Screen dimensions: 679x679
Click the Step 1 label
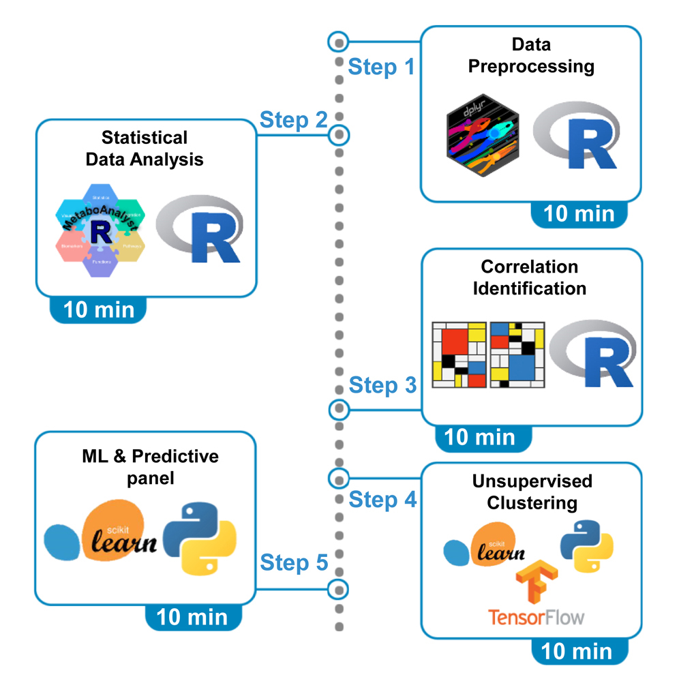point(381,67)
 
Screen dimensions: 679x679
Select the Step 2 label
point(293,121)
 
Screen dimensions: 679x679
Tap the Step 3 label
point(382,385)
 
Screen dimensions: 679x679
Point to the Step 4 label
point(382,500)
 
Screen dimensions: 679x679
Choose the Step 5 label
point(294,562)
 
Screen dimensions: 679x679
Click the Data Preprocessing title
point(531,56)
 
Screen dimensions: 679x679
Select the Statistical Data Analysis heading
point(144,148)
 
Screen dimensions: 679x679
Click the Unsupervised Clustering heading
point(532,492)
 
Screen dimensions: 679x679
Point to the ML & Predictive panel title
point(150,466)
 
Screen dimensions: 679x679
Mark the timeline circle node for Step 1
point(337,42)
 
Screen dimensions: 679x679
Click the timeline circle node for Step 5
point(338,588)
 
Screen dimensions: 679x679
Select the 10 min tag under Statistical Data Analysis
point(99,310)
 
